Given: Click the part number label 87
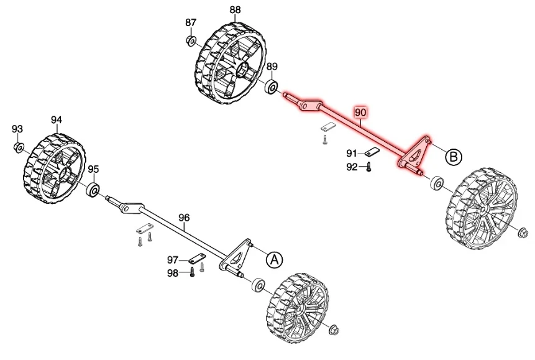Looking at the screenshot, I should coord(191,22).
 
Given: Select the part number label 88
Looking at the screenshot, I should coord(235,9).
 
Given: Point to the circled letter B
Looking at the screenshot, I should coord(454,157).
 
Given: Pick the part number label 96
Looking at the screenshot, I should coord(183,218).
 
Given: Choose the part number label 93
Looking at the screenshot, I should coord(17,129).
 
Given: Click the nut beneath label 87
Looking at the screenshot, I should coord(191,41).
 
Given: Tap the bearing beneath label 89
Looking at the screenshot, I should coord(272,87).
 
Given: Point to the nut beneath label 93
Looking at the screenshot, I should coord(19,147).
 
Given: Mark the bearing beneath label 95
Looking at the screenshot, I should coord(94,189).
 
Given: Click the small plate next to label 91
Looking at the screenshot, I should coord(372,153).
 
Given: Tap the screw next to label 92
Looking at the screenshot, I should coord(368,167).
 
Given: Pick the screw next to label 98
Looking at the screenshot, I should coord(192,272).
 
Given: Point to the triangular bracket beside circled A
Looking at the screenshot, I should coord(237,255).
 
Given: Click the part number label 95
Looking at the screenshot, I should coord(93,169).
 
